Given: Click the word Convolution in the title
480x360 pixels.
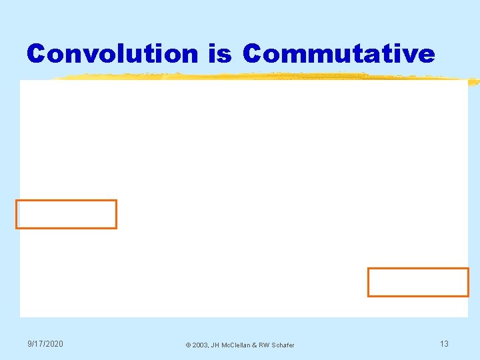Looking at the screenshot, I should [x=113, y=53].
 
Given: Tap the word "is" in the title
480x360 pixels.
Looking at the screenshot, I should [x=220, y=53].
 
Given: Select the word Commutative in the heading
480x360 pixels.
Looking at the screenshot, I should [x=339, y=53].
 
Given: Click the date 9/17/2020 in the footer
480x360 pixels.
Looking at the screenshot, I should [x=45, y=343].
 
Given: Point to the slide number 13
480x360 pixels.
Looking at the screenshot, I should [x=444, y=343].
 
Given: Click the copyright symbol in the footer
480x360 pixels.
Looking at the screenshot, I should [x=188, y=345].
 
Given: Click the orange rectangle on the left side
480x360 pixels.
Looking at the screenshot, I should [x=66, y=214].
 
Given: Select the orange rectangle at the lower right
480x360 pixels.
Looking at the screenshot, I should [x=418, y=282].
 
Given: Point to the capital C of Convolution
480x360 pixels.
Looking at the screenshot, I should [x=37, y=53].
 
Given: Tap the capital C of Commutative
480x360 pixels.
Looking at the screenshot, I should [x=253, y=53].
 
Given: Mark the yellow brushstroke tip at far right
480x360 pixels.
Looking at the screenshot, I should [x=473, y=83].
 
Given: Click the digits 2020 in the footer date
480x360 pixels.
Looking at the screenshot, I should [x=55, y=343].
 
